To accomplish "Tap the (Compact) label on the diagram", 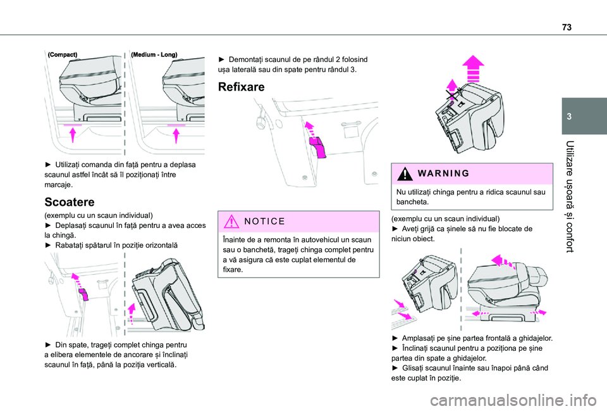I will (63, 55).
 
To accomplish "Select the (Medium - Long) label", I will (154, 55).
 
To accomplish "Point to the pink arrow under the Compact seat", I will (73, 134).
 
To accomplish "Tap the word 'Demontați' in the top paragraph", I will (251, 59).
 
